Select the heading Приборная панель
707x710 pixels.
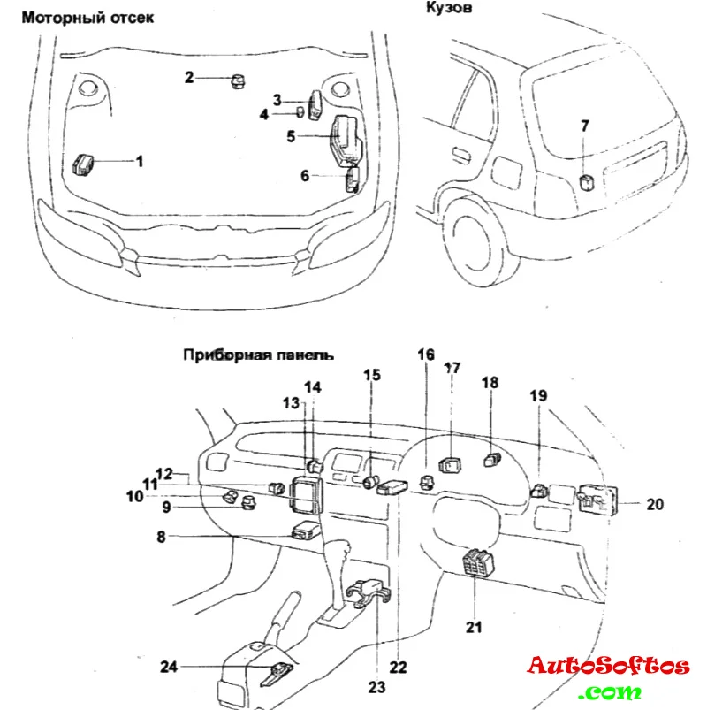(258, 355)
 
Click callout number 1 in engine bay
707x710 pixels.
(139, 161)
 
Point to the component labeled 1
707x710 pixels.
(84, 164)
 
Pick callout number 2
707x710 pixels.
(189, 78)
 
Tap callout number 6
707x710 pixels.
(305, 176)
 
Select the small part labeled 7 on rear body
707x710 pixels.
(585, 183)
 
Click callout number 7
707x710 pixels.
(583, 126)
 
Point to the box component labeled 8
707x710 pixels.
(306, 531)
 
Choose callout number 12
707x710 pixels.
(164, 474)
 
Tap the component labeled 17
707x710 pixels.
(452, 462)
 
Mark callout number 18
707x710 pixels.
(490, 382)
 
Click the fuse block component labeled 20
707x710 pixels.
(598, 500)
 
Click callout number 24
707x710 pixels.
(169, 666)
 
